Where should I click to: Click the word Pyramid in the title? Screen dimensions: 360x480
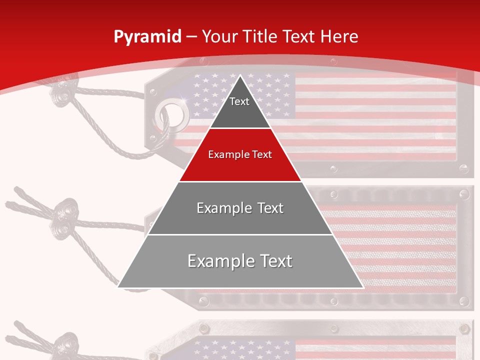(x=147, y=37)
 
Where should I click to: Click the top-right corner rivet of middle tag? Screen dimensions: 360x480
(x=463, y=193)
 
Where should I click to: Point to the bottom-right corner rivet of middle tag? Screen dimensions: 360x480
(x=463, y=301)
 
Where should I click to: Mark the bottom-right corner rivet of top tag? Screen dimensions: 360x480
(x=464, y=169)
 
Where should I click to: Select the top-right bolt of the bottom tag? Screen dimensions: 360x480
(x=463, y=328)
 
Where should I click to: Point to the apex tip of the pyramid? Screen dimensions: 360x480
(x=240, y=75)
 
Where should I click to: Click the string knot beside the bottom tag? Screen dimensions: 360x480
(x=64, y=345)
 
